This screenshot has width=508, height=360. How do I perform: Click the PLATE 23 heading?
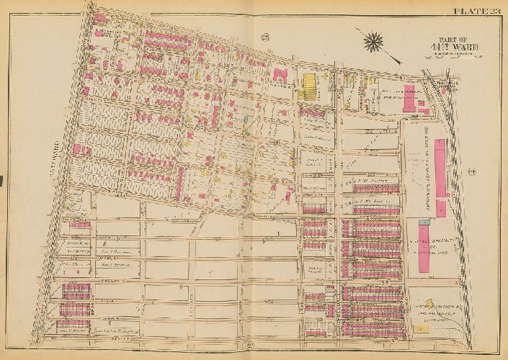[476, 9]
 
